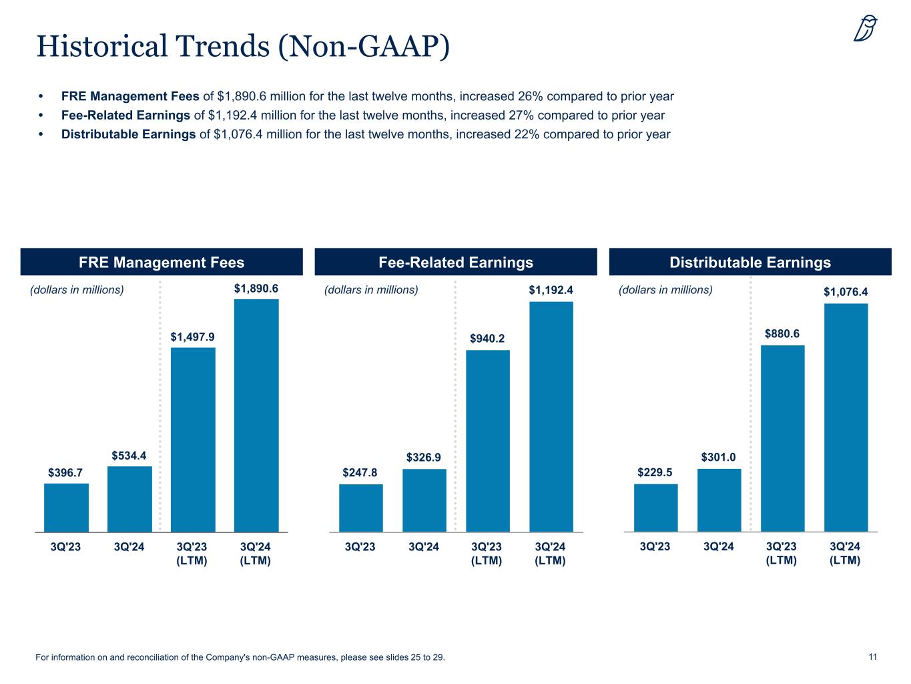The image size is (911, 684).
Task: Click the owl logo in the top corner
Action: click(x=866, y=29)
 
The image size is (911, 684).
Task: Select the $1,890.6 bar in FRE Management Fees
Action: click(x=256, y=415)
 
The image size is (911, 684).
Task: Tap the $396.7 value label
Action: click(x=65, y=473)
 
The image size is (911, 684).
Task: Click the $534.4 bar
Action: click(x=129, y=499)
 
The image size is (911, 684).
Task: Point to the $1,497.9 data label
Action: click(x=193, y=337)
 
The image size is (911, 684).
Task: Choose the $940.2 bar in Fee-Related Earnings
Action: click(x=488, y=441)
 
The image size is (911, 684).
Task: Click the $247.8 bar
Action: click(x=361, y=508)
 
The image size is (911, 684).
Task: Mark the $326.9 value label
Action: click(x=424, y=458)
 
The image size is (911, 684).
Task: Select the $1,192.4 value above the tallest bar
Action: click(x=551, y=291)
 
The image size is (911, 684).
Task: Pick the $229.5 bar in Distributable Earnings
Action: click(x=655, y=508)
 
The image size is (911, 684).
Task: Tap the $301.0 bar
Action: click(x=719, y=500)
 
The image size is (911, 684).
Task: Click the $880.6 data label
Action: click(x=782, y=333)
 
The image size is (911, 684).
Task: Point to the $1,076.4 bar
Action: click(x=846, y=417)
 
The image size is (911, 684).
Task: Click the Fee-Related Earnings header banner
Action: click(x=456, y=262)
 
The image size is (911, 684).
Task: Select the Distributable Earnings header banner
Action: click(x=750, y=262)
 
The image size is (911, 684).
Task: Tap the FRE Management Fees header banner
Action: click(x=162, y=262)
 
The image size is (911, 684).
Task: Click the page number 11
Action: click(x=872, y=657)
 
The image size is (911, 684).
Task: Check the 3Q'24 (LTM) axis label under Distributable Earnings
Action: click(x=845, y=553)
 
